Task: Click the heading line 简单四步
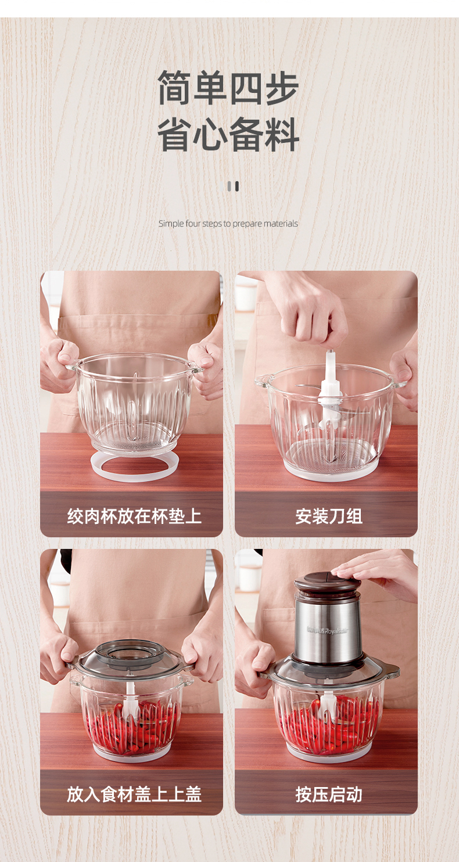click(228, 87)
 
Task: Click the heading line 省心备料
click(228, 134)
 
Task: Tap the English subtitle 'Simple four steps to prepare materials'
click(228, 224)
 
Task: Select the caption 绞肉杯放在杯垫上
click(134, 516)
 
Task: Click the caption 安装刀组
click(329, 516)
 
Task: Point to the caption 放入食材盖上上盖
click(134, 794)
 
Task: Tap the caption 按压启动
click(329, 794)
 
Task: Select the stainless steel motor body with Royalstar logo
click(328, 627)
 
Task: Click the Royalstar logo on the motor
click(327, 630)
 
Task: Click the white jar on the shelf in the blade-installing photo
click(246, 296)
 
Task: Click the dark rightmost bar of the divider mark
click(237, 186)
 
